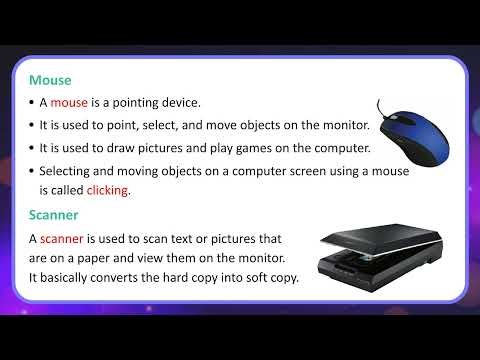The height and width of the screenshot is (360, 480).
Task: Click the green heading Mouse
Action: click(x=50, y=79)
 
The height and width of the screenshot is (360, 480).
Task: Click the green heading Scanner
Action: click(x=55, y=215)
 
